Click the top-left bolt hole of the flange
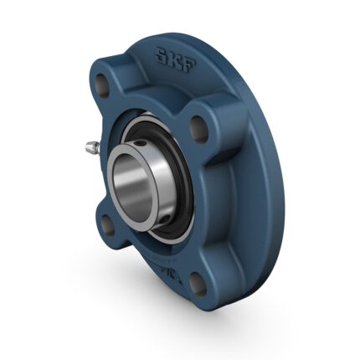(x=102, y=86)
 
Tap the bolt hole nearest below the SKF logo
(x=199, y=126)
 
